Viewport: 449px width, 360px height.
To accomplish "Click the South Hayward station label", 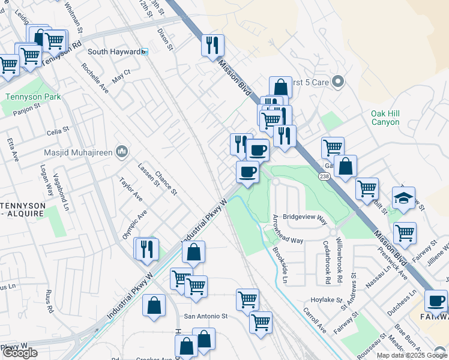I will [114, 52].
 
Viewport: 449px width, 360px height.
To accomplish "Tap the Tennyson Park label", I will [26, 96].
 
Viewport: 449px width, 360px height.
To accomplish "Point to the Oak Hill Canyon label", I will [385, 118].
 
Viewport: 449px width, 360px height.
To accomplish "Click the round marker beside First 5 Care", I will [338, 81].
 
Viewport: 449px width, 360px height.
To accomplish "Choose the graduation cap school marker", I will [403, 198].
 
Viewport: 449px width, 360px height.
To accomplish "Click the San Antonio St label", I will [206, 316].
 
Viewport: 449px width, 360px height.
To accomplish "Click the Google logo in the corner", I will [20, 353].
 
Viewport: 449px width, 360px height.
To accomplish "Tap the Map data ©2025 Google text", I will [412, 355].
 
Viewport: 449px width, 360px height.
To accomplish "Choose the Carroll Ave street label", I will [314, 321].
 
